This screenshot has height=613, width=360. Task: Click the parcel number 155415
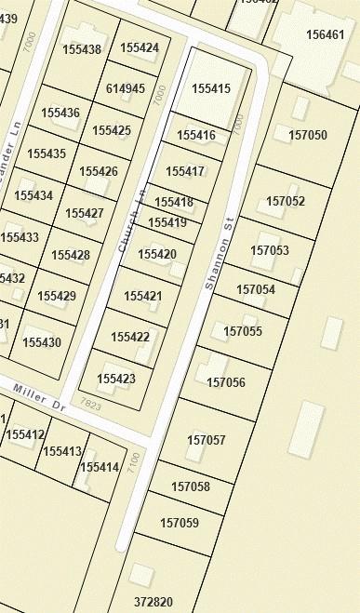(210, 88)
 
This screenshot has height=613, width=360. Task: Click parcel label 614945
(126, 88)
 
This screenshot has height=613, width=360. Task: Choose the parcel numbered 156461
(325, 35)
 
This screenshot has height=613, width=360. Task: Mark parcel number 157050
(308, 135)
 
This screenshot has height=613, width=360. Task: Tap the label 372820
(153, 602)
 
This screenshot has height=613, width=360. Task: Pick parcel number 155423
(116, 379)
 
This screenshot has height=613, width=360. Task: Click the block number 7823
(90, 404)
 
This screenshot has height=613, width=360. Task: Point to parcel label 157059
(180, 523)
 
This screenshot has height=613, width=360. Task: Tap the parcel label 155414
(100, 467)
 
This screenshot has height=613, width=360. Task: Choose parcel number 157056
(226, 382)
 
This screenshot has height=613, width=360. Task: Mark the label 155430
(42, 342)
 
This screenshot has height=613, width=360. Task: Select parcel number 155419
(167, 222)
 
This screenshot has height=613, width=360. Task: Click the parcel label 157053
(270, 250)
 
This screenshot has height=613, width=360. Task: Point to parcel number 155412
(25, 434)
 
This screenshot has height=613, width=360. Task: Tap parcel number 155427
(84, 213)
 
